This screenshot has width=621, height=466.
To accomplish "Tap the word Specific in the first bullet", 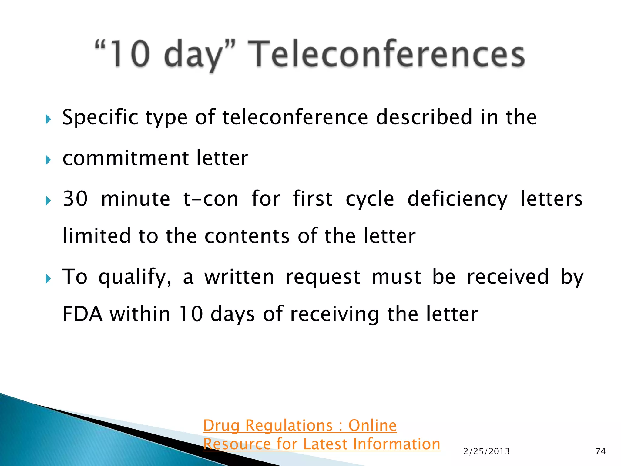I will [x=100, y=117].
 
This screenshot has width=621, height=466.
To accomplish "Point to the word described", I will [x=424, y=117].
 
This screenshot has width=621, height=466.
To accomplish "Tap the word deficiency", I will [x=457, y=199].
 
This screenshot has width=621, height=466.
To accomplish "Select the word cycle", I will [x=370, y=199].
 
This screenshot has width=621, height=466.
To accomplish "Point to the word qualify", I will [x=135, y=277].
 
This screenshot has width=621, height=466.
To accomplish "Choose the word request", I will [x=323, y=277].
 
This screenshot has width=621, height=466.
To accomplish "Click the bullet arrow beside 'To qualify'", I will [x=48, y=279].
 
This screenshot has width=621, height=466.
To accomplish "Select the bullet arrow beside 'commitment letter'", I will [x=48, y=160].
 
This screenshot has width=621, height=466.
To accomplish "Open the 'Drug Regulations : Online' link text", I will [x=300, y=425].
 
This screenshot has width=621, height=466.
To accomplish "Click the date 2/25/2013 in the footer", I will [x=486, y=451].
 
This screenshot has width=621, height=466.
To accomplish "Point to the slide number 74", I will [x=600, y=451].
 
